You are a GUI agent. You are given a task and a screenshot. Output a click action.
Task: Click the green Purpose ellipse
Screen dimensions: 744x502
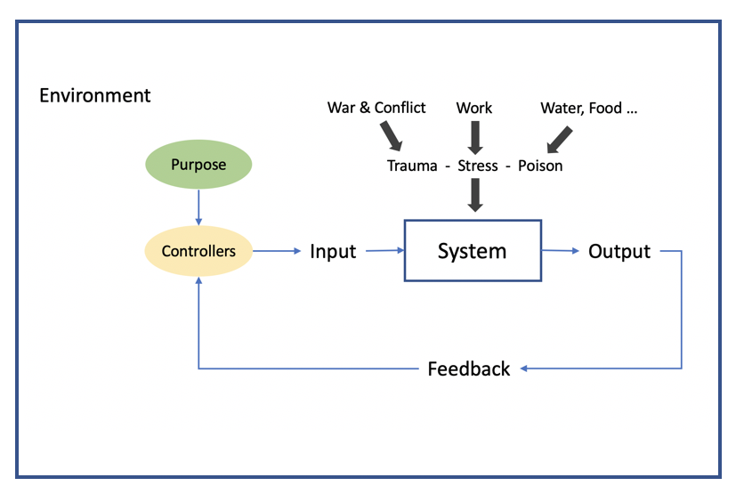click(x=198, y=164)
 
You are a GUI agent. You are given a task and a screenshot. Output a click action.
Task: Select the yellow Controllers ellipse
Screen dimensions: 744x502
click(x=198, y=251)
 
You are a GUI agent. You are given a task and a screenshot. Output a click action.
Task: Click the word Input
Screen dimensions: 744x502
click(x=333, y=252)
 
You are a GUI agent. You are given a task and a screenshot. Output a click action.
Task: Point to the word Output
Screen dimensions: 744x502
click(x=619, y=252)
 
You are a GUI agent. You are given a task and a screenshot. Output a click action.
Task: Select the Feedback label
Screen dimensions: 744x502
click(x=469, y=368)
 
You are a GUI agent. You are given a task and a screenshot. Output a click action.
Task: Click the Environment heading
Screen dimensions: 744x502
click(x=95, y=95)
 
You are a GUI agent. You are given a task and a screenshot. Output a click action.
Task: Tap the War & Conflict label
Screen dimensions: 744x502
click(x=376, y=108)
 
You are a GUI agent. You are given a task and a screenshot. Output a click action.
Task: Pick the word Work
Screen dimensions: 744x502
click(x=474, y=108)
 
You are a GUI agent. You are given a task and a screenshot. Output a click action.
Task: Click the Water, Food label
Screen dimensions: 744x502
click(x=589, y=109)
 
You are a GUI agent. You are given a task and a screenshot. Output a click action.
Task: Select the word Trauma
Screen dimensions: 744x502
click(x=412, y=166)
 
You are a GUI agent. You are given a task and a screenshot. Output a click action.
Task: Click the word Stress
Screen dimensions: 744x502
click(x=478, y=166)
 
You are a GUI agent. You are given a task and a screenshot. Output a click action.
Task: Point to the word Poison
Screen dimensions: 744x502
click(x=540, y=166)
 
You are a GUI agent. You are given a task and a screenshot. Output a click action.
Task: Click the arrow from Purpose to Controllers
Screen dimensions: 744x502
click(x=198, y=207)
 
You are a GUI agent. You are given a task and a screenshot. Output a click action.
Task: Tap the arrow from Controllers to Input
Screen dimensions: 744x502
click(x=277, y=251)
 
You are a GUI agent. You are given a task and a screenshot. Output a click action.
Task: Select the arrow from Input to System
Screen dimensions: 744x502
click(x=384, y=250)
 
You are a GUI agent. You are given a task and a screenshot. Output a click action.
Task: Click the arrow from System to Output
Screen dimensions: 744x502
click(x=561, y=250)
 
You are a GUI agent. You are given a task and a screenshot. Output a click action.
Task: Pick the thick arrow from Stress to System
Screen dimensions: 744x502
click(x=475, y=195)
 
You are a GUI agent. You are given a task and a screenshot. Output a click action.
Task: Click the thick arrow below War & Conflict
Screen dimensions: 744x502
click(x=392, y=135)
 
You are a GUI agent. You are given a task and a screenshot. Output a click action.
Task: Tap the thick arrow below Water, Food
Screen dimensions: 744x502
click(x=560, y=140)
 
